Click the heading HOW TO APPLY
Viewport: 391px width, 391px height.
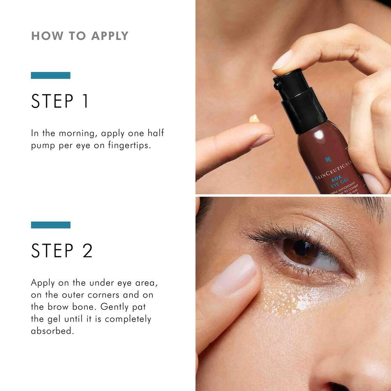pyautogui.click(x=79, y=36)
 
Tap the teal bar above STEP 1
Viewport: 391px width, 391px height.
pyautogui.click(x=50, y=76)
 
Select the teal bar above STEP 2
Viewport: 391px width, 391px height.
pyautogui.click(x=50, y=225)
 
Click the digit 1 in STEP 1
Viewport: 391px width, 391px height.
pyautogui.click(x=85, y=101)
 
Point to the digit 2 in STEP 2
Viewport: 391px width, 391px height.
pyautogui.click(x=87, y=251)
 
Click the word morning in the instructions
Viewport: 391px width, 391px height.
pyautogui.click(x=78, y=133)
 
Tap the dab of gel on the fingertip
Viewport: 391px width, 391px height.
pyautogui.click(x=254, y=119)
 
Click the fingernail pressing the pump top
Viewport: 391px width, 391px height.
pyautogui.click(x=282, y=61)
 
